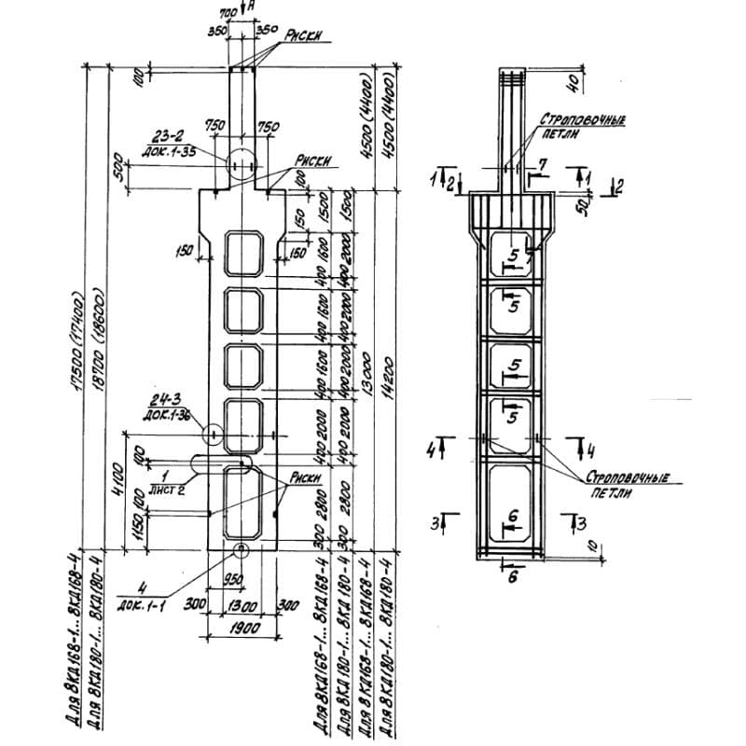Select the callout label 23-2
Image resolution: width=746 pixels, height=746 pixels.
tap(173, 134)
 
